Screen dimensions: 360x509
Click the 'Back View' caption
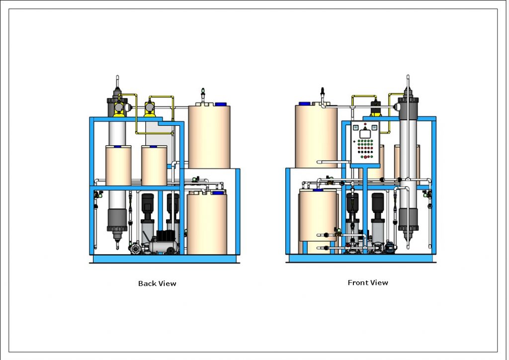point(157,283)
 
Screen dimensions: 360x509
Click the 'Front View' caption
point(368,282)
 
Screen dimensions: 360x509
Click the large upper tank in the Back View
point(209,137)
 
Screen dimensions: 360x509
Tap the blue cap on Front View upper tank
point(304,104)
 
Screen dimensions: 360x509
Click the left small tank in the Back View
point(118,166)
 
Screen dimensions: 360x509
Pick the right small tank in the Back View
point(154,166)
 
